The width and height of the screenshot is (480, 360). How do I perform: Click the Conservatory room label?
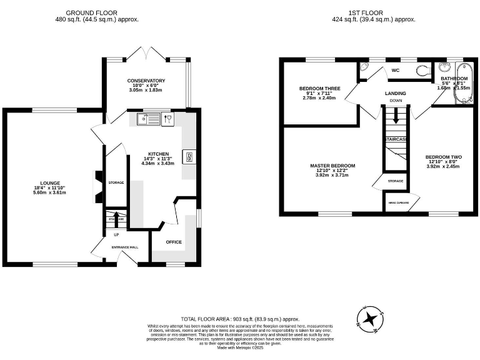click(x=146, y=81)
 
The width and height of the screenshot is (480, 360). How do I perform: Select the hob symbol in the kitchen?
click(x=188, y=157)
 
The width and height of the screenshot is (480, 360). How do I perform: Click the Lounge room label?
click(x=51, y=183)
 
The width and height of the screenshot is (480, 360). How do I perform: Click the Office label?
click(x=174, y=242)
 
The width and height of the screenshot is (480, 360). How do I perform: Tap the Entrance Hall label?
click(x=125, y=247)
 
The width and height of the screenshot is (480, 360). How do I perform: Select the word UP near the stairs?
click(x=116, y=235)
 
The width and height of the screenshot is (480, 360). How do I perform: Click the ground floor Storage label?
click(x=116, y=182)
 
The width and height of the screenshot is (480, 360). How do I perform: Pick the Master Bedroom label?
click(x=332, y=166)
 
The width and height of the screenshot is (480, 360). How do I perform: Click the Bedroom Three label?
click(x=320, y=89)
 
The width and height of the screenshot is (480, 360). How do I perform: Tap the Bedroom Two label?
click(x=443, y=157)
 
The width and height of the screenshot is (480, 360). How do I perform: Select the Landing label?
click(x=395, y=93)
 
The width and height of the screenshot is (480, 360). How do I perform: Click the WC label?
click(x=395, y=71)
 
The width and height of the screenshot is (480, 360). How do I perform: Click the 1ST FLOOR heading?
click(x=373, y=12)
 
